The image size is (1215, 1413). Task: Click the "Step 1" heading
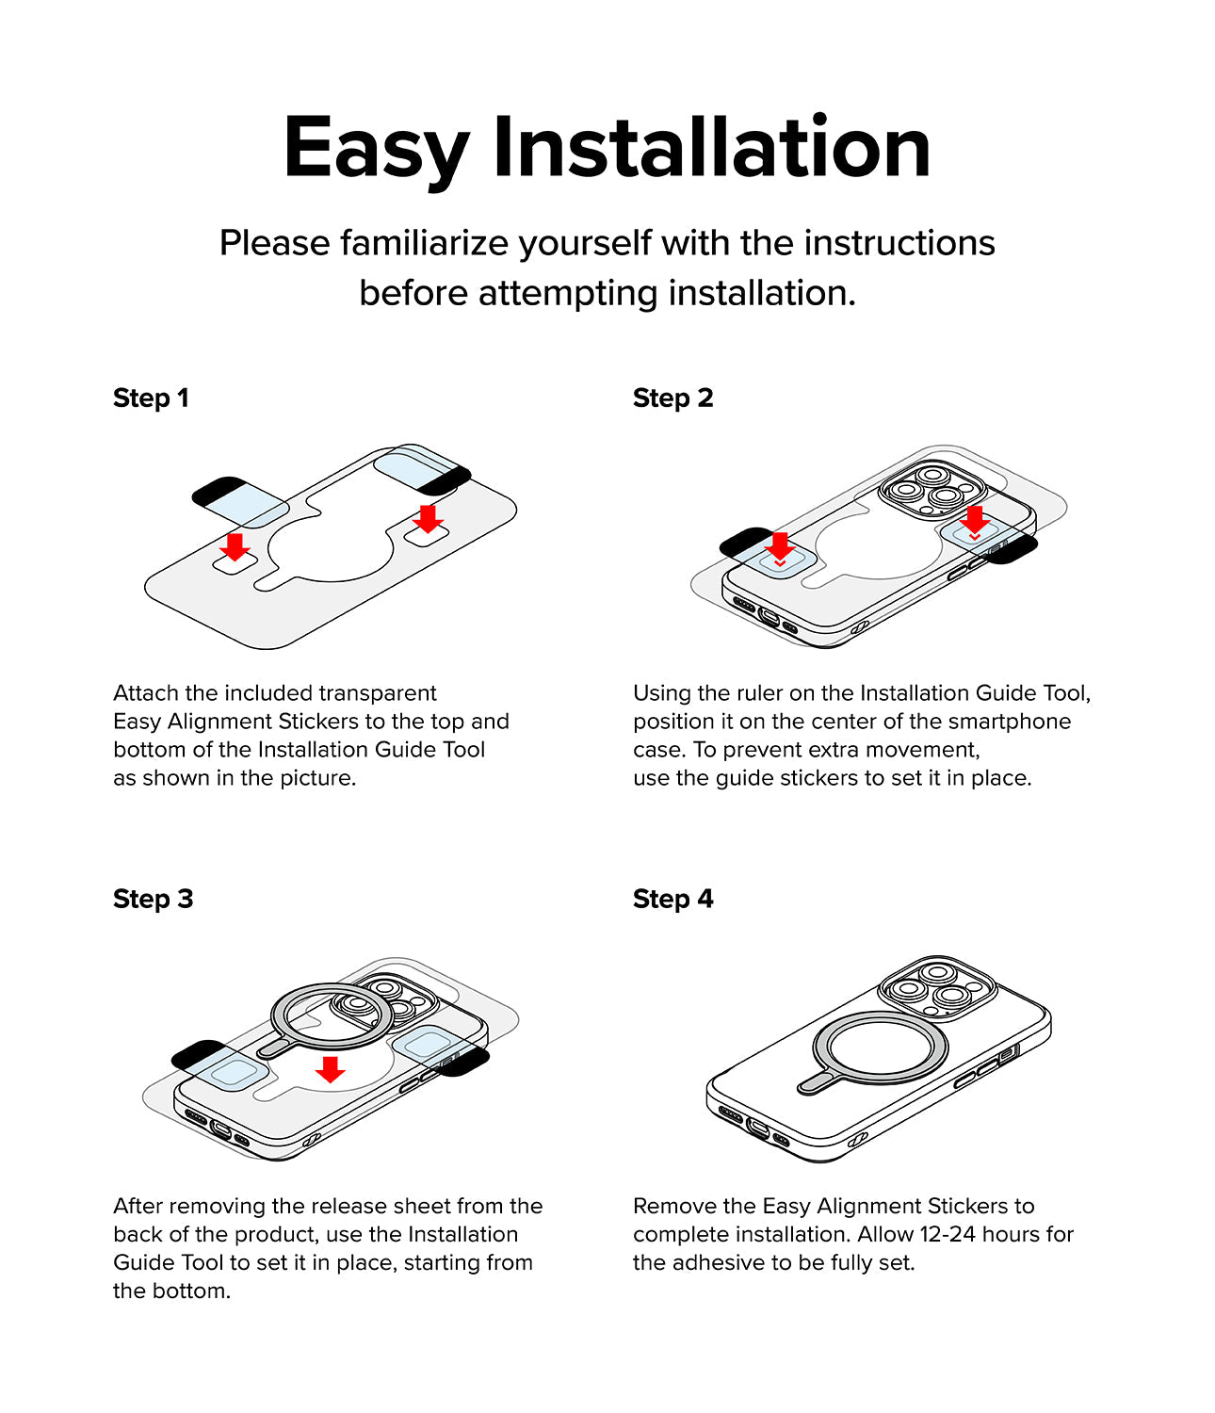coord(151,398)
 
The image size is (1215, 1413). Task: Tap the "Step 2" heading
coord(672,398)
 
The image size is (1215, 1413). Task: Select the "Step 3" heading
coord(154,899)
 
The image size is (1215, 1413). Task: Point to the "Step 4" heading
coord(672,899)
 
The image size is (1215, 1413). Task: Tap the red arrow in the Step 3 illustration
coord(330,1069)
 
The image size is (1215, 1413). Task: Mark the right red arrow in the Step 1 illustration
coord(428,519)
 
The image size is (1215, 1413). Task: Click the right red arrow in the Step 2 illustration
coord(975,520)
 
